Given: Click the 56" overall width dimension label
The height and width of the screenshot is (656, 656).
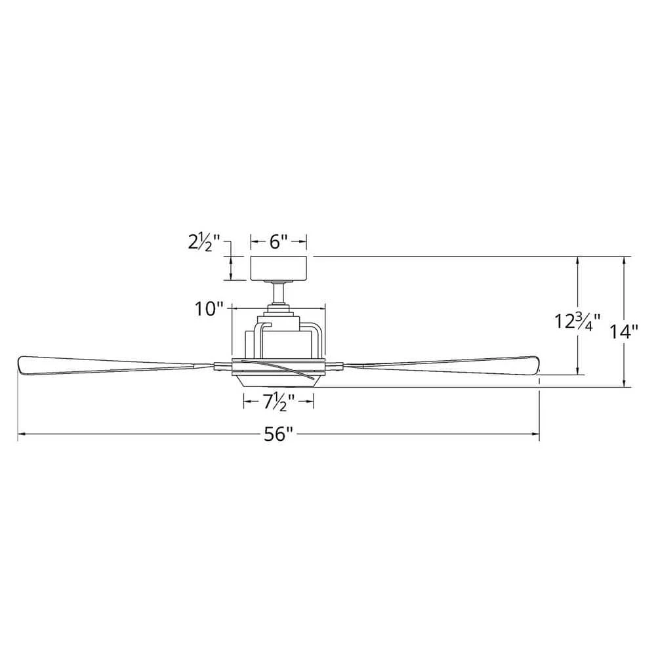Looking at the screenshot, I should [x=278, y=435].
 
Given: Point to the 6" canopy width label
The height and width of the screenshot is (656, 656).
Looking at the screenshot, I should [x=278, y=241].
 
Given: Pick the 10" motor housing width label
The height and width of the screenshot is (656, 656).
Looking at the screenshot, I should [x=209, y=309].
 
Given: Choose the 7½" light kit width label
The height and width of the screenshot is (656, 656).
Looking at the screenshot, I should [x=278, y=402].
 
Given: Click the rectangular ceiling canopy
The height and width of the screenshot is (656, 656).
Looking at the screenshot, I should [x=279, y=268].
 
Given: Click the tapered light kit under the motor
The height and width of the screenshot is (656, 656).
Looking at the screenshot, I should [x=278, y=381].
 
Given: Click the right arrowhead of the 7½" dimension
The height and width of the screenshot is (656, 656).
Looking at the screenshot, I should [x=311, y=402].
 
